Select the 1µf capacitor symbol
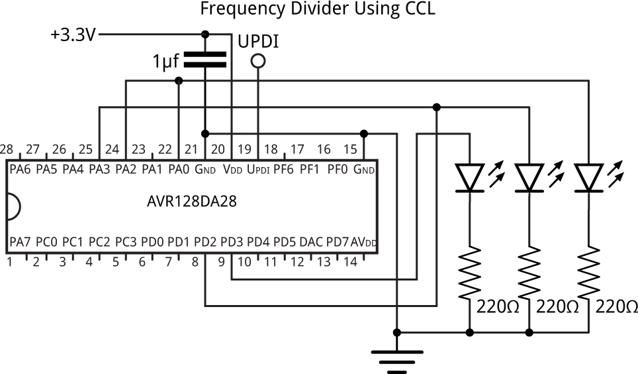tap(205, 60)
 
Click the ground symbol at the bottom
tap(396, 358)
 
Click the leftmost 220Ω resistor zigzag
tap(469, 272)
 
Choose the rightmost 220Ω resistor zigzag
tap(588, 272)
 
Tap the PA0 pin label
tap(179, 170)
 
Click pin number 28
tap(7, 149)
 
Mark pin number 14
tap(350, 262)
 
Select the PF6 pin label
tap(285, 170)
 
